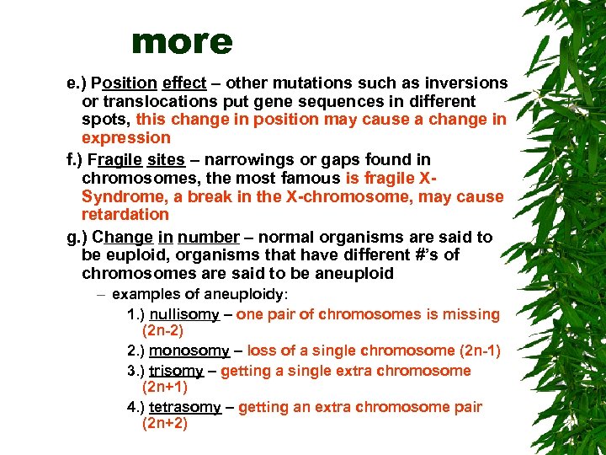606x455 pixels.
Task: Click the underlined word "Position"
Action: pyautogui.click(x=125, y=83)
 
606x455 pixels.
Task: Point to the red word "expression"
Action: pyautogui.click(x=125, y=137)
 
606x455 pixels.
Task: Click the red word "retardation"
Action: pyautogui.click(x=125, y=214)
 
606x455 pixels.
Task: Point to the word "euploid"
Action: pyautogui.click(x=133, y=254)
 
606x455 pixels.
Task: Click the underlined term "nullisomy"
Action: pyautogui.click(x=184, y=314)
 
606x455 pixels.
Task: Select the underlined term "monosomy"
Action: pyautogui.click(x=189, y=351)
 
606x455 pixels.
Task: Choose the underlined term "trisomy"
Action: pyautogui.click(x=177, y=371)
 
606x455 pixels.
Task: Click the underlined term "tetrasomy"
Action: pyautogui.click(x=185, y=407)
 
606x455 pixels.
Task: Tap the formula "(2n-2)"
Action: pyautogui.click(x=164, y=331)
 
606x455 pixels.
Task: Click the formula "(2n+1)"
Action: pyautogui.click(x=165, y=388)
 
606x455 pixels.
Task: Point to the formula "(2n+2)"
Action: pyautogui.click(x=165, y=424)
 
